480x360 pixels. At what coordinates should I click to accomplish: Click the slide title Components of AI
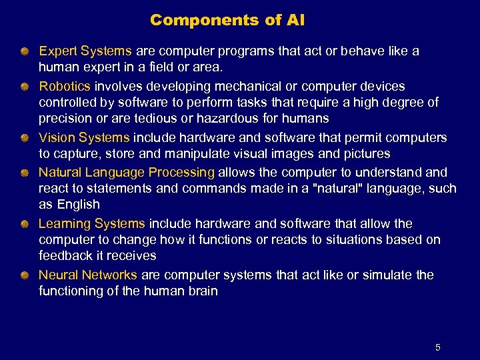click(x=227, y=20)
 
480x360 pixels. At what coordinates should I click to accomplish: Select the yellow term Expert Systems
click(x=85, y=51)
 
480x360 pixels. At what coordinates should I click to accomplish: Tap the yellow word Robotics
click(x=65, y=86)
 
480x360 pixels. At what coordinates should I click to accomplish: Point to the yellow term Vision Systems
click(x=84, y=137)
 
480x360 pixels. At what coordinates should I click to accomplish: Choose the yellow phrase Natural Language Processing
click(x=127, y=172)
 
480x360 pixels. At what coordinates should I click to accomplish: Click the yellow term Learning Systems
click(x=91, y=223)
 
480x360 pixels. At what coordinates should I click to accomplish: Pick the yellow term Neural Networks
click(x=88, y=275)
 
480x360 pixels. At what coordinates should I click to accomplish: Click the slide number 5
click(x=437, y=347)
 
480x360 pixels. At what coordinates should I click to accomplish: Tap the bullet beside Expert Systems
click(x=24, y=51)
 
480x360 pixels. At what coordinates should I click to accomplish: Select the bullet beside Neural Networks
click(x=24, y=275)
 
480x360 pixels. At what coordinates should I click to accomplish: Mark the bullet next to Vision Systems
click(x=24, y=138)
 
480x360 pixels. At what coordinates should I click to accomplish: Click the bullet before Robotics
click(x=24, y=87)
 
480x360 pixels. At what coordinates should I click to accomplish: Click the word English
click(x=78, y=205)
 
